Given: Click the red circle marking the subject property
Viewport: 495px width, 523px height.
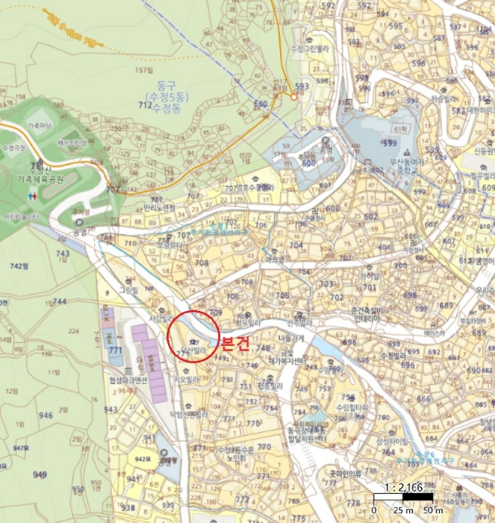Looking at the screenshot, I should (x=193, y=336).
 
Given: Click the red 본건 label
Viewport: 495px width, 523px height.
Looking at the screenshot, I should (x=234, y=344).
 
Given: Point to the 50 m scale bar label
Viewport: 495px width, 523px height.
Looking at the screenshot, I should (x=434, y=509).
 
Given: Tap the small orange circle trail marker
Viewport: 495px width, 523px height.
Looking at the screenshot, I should (x=294, y=96).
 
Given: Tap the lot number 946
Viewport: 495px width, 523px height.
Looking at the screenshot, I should (x=46, y=415).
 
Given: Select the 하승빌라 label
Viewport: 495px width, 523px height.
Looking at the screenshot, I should (x=443, y=98).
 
